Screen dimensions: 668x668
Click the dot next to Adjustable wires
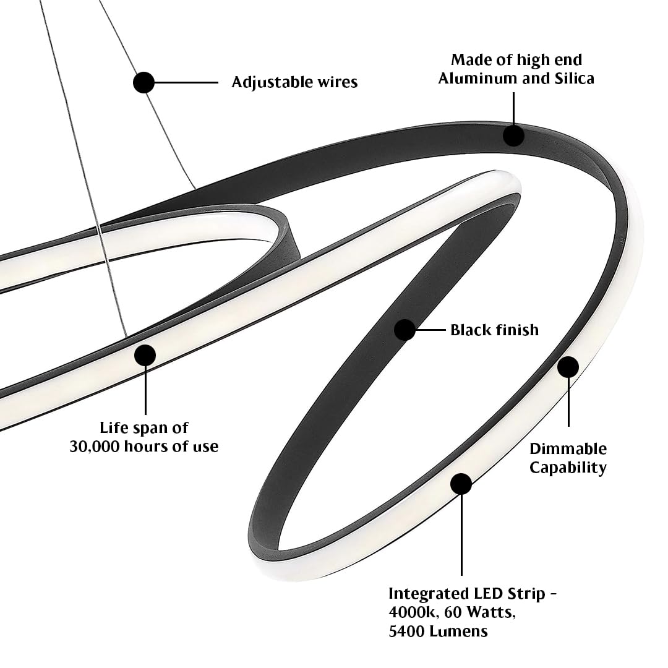(143, 82)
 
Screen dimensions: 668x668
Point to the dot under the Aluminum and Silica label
(513, 135)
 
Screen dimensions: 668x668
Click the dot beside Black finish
(405, 330)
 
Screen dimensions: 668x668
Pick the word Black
(470, 330)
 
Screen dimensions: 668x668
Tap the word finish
(516, 330)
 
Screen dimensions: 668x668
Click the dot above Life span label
(145, 355)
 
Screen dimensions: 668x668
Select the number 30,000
(95, 447)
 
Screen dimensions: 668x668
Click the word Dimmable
(568, 448)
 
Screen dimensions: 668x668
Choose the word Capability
(568, 468)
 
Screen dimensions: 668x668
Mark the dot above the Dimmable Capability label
(568, 367)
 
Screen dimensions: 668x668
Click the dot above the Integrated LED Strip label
(461, 484)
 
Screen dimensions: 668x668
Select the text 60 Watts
(480, 612)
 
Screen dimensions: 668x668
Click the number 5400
(406, 631)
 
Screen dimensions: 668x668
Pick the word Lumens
(458, 631)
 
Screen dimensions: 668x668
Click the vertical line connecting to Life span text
(145, 390)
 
